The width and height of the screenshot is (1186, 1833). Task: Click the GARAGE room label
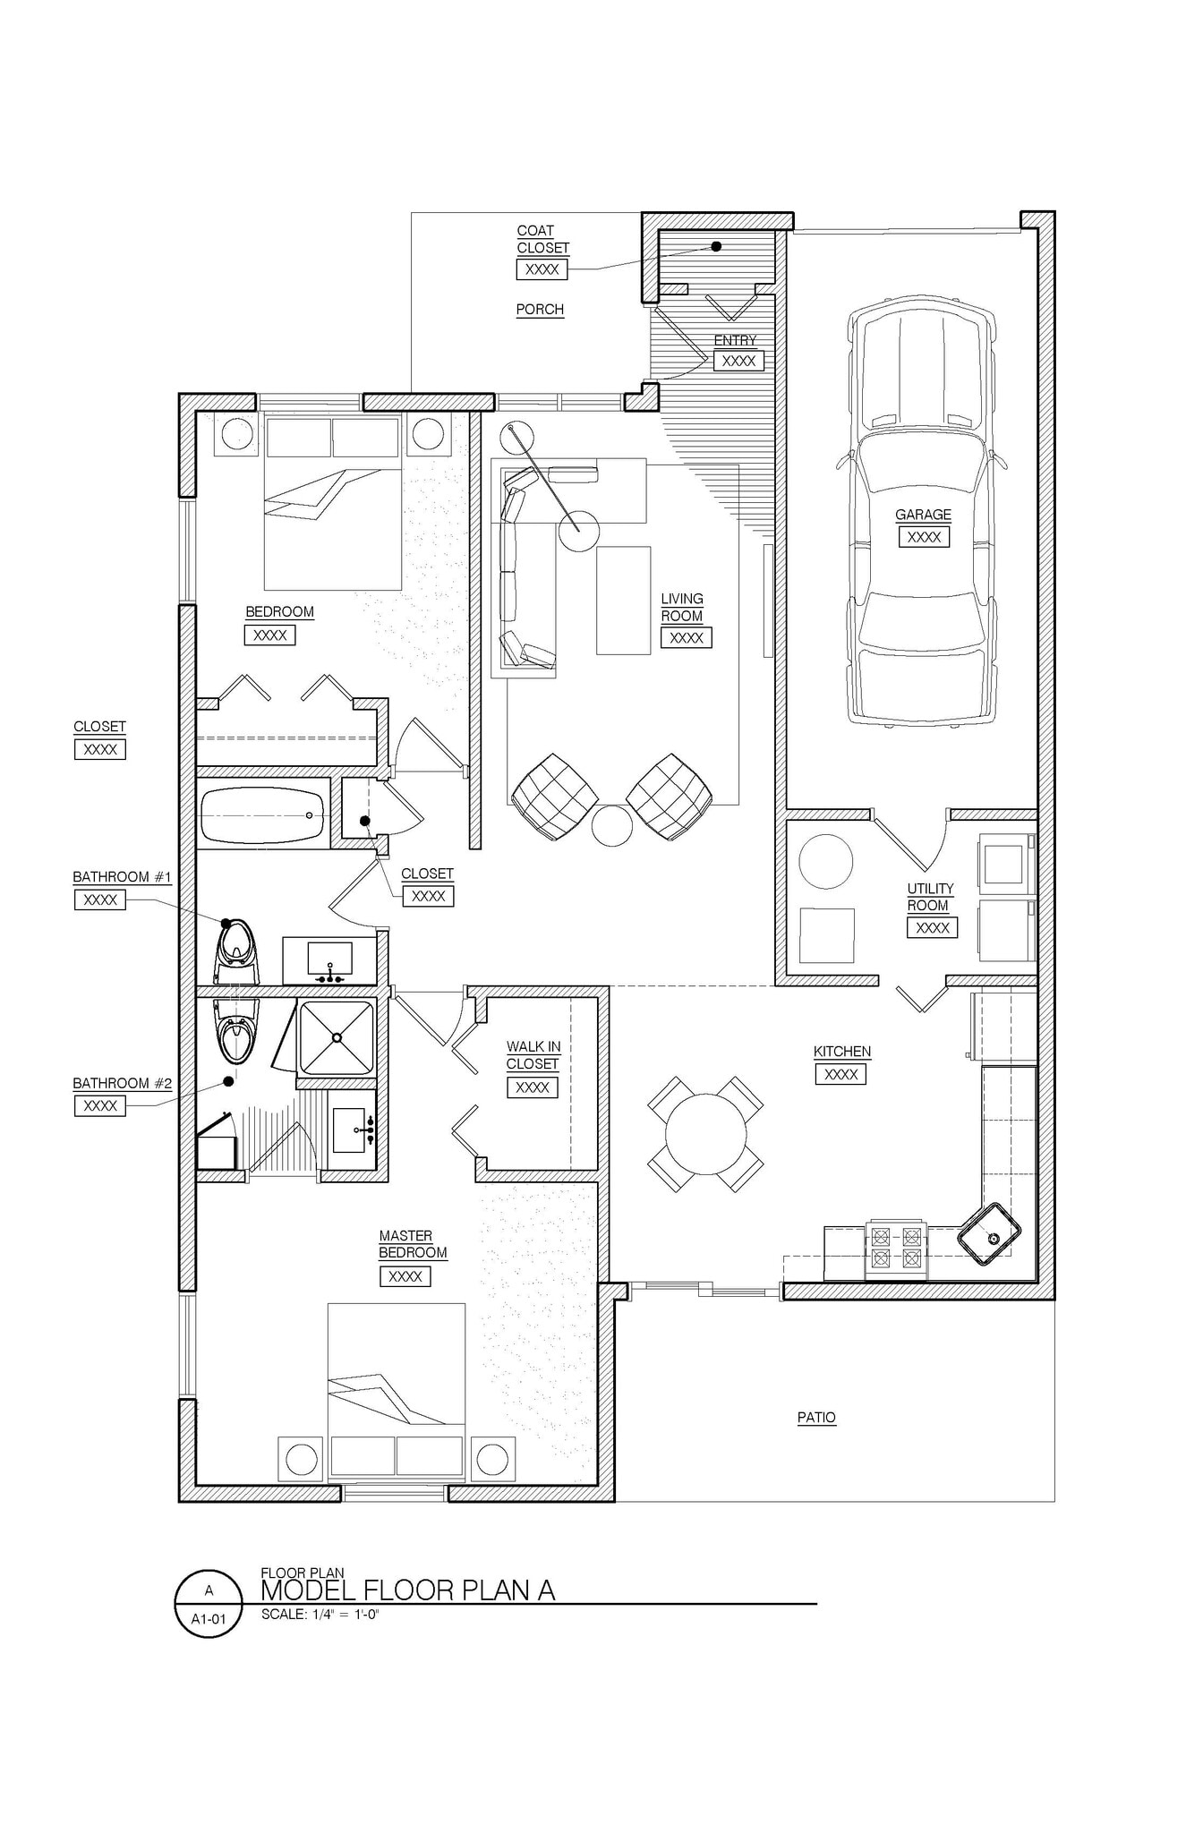(x=923, y=515)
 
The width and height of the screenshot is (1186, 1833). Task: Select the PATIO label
(x=816, y=1418)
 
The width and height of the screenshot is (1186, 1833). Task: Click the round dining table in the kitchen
(x=705, y=1134)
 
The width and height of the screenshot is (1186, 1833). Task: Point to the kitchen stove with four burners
(x=896, y=1249)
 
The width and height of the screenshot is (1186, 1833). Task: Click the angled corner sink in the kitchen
(x=989, y=1233)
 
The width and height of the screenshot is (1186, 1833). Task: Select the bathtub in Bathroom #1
(x=262, y=815)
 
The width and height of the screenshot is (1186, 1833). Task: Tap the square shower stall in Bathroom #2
(x=336, y=1037)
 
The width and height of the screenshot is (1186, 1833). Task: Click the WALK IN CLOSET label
(x=533, y=1055)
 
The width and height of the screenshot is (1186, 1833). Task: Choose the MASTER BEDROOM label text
(x=412, y=1244)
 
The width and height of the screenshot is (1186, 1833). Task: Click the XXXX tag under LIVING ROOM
(x=686, y=638)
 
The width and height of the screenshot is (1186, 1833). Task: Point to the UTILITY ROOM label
(x=929, y=897)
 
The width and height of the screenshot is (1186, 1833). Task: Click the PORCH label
(x=540, y=310)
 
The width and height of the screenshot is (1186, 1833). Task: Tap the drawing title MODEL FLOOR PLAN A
(x=407, y=1590)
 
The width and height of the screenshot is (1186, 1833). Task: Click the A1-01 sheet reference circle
(x=209, y=1603)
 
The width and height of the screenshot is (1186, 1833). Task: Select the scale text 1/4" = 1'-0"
(x=320, y=1615)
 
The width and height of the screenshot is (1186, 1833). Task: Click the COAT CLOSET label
(x=542, y=239)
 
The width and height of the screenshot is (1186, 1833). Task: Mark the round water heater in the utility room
(x=825, y=861)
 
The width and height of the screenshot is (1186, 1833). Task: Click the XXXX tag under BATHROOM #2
(x=100, y=1106)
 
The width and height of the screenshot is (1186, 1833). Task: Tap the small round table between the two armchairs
(x=612, y=824)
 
